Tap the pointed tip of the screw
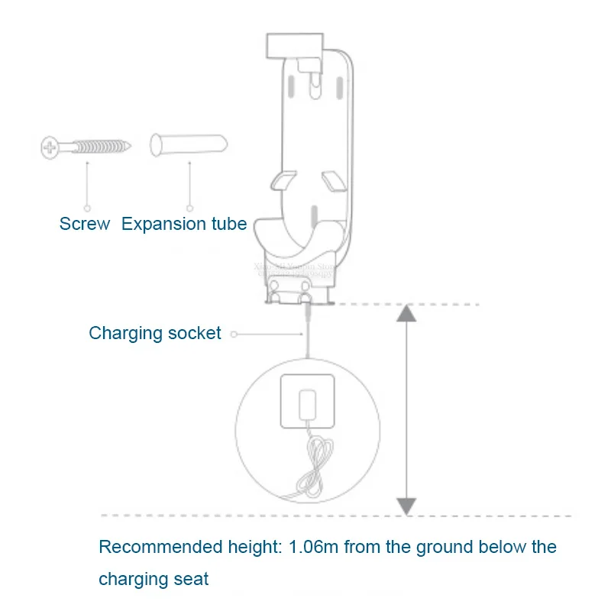(131, 144)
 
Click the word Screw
(85, 224)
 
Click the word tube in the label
(228, 224)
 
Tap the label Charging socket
(155, 333)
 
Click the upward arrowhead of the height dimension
(406, 313)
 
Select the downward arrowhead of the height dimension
(406, 505)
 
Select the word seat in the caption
(192, 579)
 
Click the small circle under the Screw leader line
(87, 207)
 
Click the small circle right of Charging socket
(234, 334)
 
